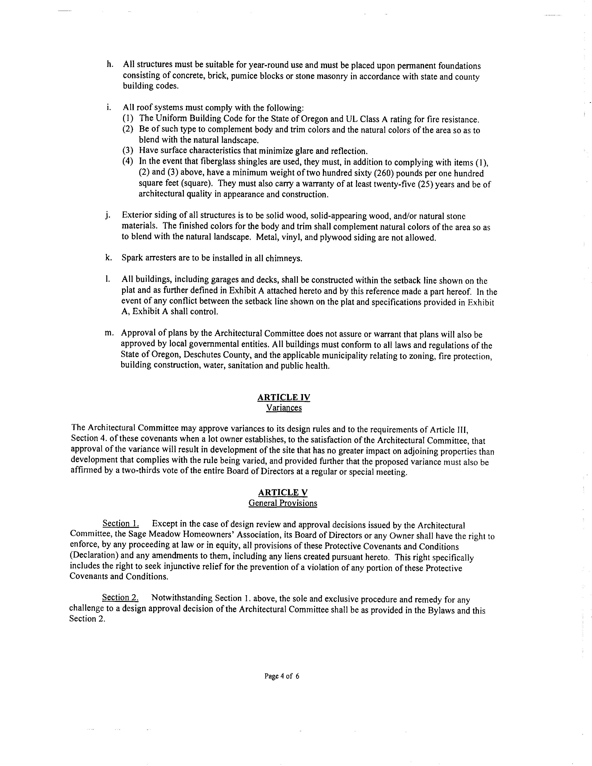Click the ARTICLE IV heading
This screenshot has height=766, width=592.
[283, 397]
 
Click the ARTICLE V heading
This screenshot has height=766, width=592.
[283, 492]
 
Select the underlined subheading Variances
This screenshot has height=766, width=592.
[284, 408]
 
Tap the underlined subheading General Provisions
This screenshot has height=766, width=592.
[283, 503]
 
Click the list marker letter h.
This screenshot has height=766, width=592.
[109, 64]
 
